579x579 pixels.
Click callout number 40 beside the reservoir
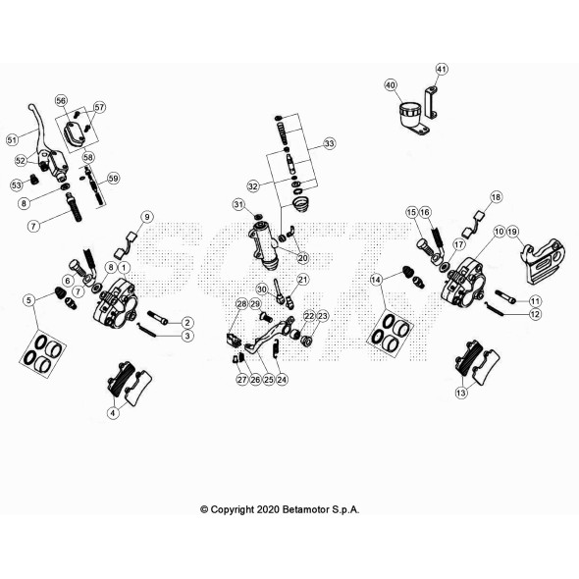pyautogui.click(x=391, y=85)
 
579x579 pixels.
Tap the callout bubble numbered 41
pyautogui.click(x=442, y=69)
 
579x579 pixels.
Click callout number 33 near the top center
pyautogui.click(x=329, y=143)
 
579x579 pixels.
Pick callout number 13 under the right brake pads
pyautogui.click(x=461, y=393)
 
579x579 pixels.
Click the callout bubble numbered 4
pyautogui.click(x=113, y=413)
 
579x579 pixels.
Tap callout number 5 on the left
pyautogui.click(x=29, y=299)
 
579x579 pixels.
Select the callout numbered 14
pyautogui.click(x=376, y=281)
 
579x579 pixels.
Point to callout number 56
pyautogui.click(x=61, y=101)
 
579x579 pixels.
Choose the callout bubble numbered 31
pyautogui.click(x=237, y=204)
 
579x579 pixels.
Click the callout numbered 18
pyautogui.click(x=496, y=197)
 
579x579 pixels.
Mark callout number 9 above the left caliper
pyautogui.click(x=147, y=216)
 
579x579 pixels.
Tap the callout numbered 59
pyautogui.click(x=114, y=178)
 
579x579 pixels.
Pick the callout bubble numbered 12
pyautogui.click(x=535, y=314)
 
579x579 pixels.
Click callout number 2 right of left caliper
pyautogui.click(x=186, y=322)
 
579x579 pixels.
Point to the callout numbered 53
pyautogui.click(x=16, y=184)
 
